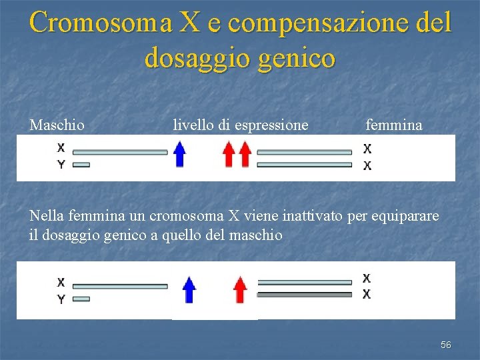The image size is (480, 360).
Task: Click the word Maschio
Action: pyautogui.click(x=57, y=125)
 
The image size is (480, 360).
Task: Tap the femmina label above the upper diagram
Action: pyautogui.click(x=393, y=125)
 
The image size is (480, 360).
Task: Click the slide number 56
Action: pyautogui.click(x=446, y=345)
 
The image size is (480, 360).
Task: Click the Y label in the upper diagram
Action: pyautogui.click(x=61, y=165)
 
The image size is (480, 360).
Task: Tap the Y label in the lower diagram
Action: pyautogui.click(x=61, y=299)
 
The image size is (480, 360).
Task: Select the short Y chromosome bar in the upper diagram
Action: pyautogui.click(x=81, y=165)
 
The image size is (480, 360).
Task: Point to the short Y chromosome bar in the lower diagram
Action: pyautogui.click(x=81, y=299)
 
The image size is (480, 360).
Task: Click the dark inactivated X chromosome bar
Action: pyautogui.click(x=304, y=294)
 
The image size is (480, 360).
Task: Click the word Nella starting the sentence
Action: pyautogui.click(x=47, y=216)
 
